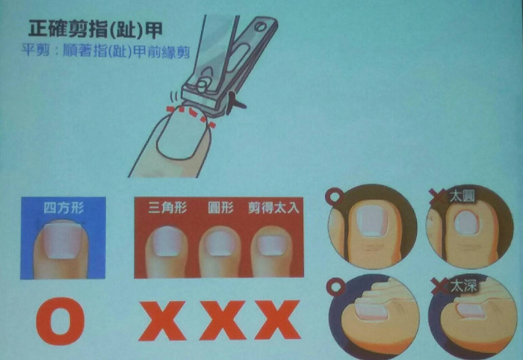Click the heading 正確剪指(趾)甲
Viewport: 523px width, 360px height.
(96, 29)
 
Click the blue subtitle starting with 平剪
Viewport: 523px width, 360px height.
(106, 52)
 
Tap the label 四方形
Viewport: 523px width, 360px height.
(64, 208)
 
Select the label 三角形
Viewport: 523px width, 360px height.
(167, 208)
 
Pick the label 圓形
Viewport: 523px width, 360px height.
(220, 208)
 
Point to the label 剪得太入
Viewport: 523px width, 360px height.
(274, 208)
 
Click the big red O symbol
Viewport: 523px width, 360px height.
(61, 321)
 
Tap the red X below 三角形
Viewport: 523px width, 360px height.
(162, 320)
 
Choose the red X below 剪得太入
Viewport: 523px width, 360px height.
(277, 320)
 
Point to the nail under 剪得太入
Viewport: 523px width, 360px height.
(272, 245)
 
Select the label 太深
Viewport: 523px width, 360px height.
(464, 286)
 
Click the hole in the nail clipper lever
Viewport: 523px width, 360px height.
(261, 27)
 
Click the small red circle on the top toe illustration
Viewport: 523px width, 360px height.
(335, 196)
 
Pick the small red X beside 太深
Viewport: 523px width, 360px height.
(440, 286)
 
